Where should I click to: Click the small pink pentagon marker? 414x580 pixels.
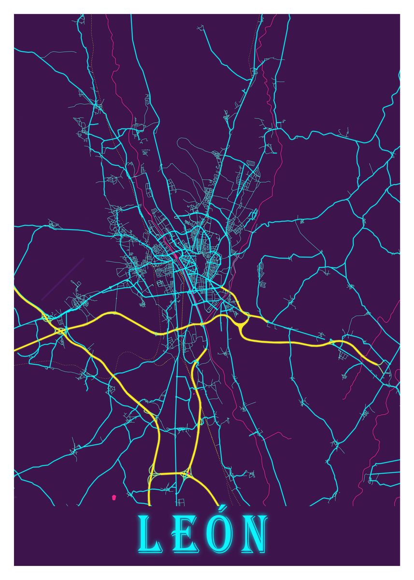[114, 496]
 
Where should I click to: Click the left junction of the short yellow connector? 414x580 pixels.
[154, 474]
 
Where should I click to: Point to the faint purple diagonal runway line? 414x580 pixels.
[63, 279]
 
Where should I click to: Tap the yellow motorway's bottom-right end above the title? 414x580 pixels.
[218, 505]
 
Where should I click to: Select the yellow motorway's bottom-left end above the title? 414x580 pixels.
[148, 505]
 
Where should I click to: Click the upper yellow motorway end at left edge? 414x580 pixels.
[15, 290]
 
